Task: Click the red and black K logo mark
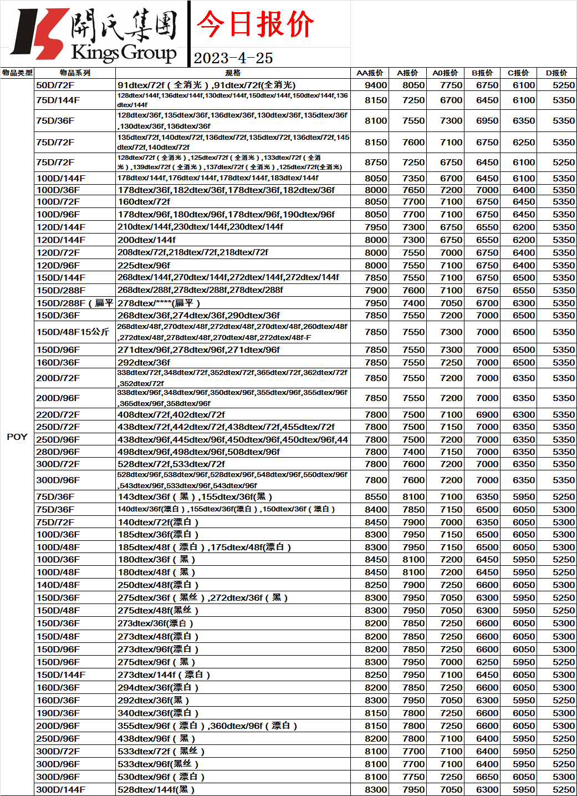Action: pyautogui.click(x=39, y=33)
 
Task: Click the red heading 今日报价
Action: pyautogui.click(x=255, y=24)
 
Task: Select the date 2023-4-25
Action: pyautogui.click(x=233, y=58)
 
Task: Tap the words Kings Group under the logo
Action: pyautogui.click(x=124, y=53)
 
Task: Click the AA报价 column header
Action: pyautogui.click(x=370, y=73)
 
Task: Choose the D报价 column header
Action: pyautogui.click(x=556, y=73)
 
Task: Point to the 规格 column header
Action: pyautogui.click(x=233, y=73)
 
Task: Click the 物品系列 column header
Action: pyautogui.click(x=75, y=73)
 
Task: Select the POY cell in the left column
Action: pyautogui.click(x=17, y=437)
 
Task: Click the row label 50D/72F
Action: pyautogui.click(x=55, y=85)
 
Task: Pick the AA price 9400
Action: pyautogui.click(x=376, y=85)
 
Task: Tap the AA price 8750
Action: pyautogui.click(x=376, y=162)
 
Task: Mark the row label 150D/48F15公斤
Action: pyautogui.click(x=73, y=332)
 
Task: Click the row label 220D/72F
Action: pyautogui.click(x=58, y=414)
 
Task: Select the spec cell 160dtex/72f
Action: pyautogui.click(x=144, y=201)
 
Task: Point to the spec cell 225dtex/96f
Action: pyautogui.click(x=144, y=265)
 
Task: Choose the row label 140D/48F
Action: pyautogui.click(x=58, y=585)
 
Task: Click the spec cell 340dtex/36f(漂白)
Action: pyautogui.click(x=158, y=713)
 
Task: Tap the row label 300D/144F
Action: pyautogui.click(x=61, y=789)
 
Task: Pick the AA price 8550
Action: pyautogui.click(x=376, y=496)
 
